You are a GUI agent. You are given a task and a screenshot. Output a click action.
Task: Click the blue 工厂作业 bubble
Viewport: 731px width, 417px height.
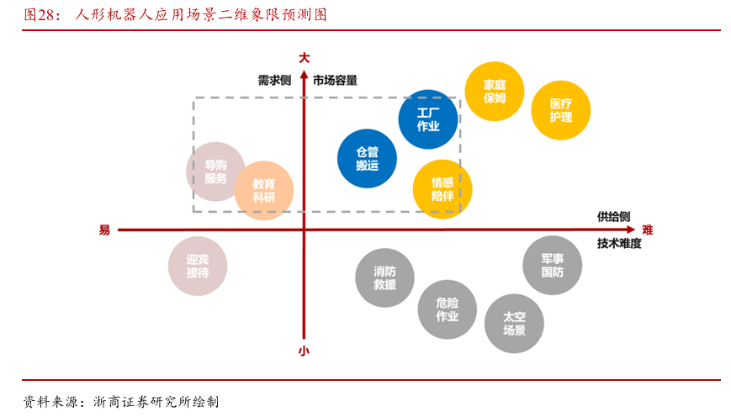coord(428,119)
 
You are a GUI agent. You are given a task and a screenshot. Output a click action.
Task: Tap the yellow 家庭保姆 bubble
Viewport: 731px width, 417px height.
coord(495,91)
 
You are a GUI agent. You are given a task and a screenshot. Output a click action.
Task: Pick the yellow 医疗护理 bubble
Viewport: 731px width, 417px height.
coord(560,110)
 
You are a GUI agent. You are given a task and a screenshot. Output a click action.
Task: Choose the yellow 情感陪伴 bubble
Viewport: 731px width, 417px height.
coord(442,188)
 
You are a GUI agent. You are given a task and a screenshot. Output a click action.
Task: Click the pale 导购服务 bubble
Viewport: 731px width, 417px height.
coord(215,172)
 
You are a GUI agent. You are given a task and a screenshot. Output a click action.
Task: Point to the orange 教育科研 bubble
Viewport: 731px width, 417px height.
coord(263,190)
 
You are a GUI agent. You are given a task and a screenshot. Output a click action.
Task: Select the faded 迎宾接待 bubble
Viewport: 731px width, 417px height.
coord(198,267)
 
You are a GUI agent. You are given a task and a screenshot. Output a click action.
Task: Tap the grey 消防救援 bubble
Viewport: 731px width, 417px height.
coord(384,278)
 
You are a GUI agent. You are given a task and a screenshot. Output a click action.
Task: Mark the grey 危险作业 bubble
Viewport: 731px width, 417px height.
coord(448,309)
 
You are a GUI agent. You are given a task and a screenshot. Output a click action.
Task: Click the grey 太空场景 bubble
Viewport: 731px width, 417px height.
coord(514,324)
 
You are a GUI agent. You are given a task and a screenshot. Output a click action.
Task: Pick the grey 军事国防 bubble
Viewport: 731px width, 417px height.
coord(552,266)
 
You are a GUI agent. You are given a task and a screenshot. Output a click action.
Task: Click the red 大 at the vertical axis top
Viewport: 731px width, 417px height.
coord(304,57)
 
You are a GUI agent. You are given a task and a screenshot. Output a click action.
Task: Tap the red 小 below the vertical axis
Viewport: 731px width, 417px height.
coord(304,352)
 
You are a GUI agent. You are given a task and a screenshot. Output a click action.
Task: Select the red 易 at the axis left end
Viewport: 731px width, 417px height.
coord(104,230)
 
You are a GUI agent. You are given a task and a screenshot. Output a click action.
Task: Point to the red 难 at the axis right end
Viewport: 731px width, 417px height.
coord(647,230)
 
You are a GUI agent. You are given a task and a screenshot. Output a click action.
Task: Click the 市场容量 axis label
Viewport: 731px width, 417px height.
coord(335,81)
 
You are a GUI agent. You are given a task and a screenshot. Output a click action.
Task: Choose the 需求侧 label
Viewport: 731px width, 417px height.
coord(274,81)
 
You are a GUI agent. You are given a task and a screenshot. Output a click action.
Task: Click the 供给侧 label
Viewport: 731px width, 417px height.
coord(614,216)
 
